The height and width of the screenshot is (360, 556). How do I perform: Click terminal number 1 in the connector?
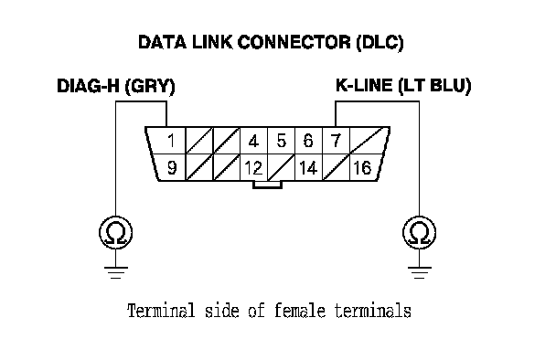pyautogui.click(x=172, y=141)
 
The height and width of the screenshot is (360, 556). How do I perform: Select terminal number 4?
pyautogui.click(x=253, y=142)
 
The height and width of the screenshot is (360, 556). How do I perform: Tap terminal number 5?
pyautogui.click(x=281, y=141)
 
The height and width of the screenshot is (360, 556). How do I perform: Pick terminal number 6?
pyautogui.click(x=308, y=141)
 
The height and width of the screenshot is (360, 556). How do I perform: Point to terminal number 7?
pyautogui.click(x=336, y=141)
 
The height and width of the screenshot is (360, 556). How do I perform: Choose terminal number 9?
pyautogui.click(x=172, y=167)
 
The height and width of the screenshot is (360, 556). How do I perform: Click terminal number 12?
pyautogui.click(x=253, y=167)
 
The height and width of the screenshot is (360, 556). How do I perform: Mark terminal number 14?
pyautogui.click(x=308, y=167)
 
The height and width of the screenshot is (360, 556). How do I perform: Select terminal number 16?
pyautogui.click(x=362, y=167)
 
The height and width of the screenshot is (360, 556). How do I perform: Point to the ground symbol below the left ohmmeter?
pyautogui.click(x=115, y=272)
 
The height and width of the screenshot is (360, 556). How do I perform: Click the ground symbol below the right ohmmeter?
pyautogui.click(x=419, y=272)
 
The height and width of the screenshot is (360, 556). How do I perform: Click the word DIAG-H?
pyautogui.click(x=88, y=86)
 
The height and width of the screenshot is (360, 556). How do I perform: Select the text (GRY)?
pyautogui.click(x=150, y=87)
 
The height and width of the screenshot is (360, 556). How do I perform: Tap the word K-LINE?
pyautogui.click(x=364, y=85)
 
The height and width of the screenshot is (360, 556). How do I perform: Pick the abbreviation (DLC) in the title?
pyautogui.click(x=380, y=43)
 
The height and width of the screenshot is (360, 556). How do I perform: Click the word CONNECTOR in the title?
pyautogui.click(x=294, y=42)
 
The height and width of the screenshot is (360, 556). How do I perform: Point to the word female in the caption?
pyautogui.click(x=300, y=311)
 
